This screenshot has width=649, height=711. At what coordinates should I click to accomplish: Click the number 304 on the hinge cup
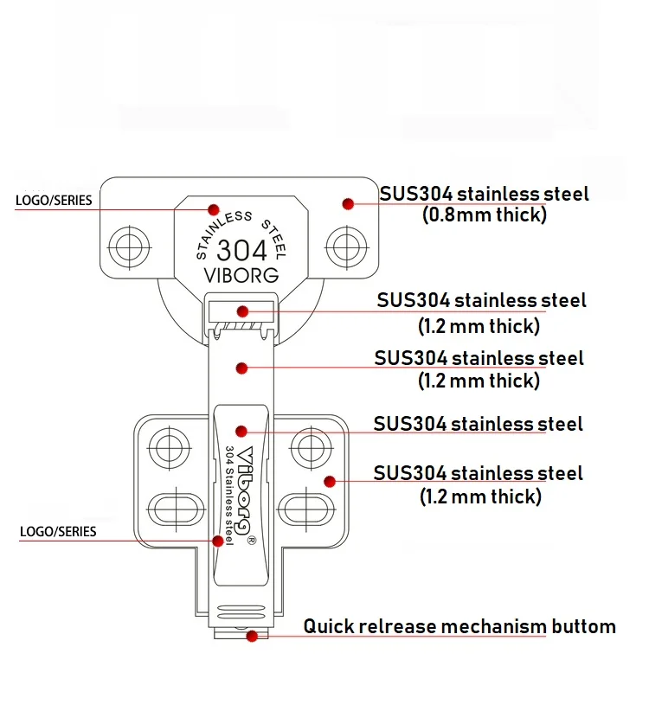241,250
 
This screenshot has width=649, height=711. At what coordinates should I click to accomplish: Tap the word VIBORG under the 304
241,276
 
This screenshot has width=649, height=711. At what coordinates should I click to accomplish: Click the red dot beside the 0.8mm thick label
348,204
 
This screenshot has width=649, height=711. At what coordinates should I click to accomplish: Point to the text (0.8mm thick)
484,215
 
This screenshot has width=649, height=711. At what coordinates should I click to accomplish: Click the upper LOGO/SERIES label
54,201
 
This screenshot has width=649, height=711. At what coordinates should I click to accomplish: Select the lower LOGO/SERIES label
58,531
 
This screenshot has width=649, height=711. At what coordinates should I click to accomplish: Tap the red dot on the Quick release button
252,637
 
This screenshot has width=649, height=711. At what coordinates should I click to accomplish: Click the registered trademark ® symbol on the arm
250,541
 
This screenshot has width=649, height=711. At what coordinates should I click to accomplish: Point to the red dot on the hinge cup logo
212,208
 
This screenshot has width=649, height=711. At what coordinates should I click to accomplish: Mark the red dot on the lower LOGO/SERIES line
219,540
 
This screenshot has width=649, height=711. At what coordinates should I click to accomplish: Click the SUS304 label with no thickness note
478,424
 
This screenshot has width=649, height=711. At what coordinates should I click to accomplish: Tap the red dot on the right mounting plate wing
329,481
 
